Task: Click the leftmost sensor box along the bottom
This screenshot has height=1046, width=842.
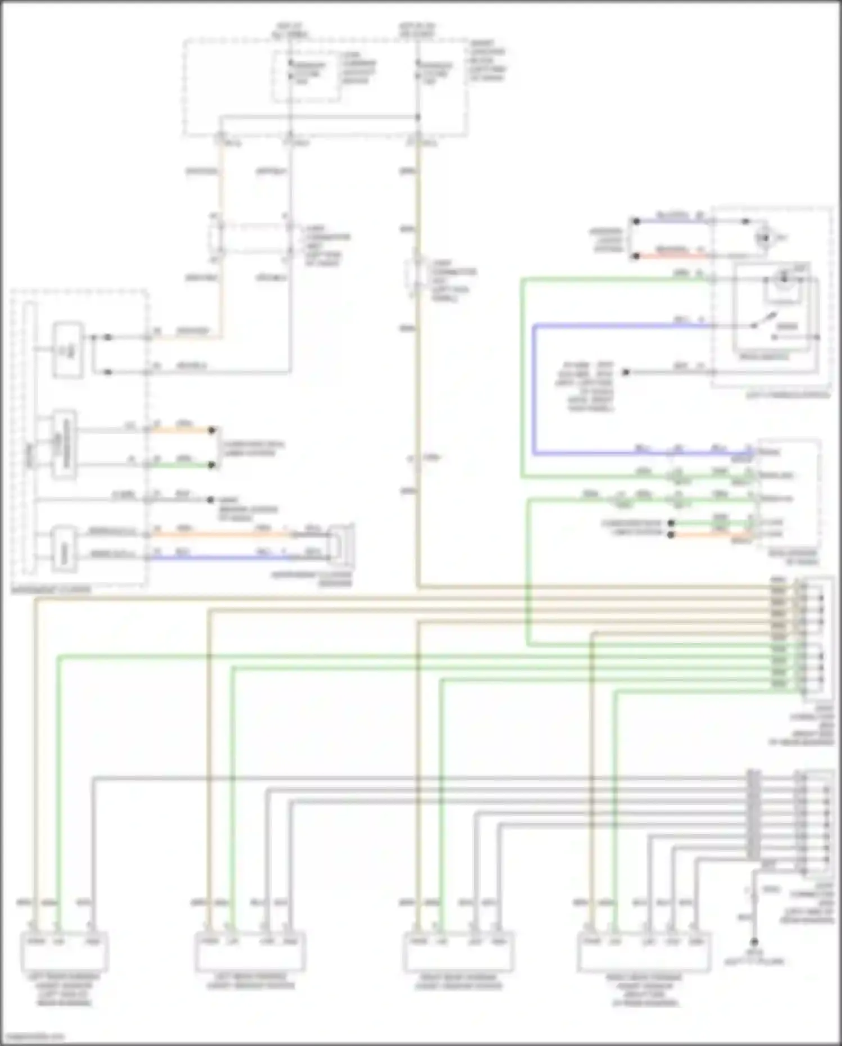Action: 64,951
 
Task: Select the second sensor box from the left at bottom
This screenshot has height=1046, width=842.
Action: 251,951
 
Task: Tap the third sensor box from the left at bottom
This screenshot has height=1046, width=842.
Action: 458,951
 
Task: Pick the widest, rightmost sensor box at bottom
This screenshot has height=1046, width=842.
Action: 644,951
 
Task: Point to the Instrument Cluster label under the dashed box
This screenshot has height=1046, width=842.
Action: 51,590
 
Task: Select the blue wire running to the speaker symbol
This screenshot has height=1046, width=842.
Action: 219,558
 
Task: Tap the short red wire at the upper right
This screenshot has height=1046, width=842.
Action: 671,256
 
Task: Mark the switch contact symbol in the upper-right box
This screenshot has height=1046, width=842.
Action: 764,325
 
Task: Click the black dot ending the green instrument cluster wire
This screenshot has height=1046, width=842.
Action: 212,465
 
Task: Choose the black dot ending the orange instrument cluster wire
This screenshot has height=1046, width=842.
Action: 212,431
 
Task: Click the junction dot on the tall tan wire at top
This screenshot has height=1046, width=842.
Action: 417,117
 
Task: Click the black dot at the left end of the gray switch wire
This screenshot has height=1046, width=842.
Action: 625,372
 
